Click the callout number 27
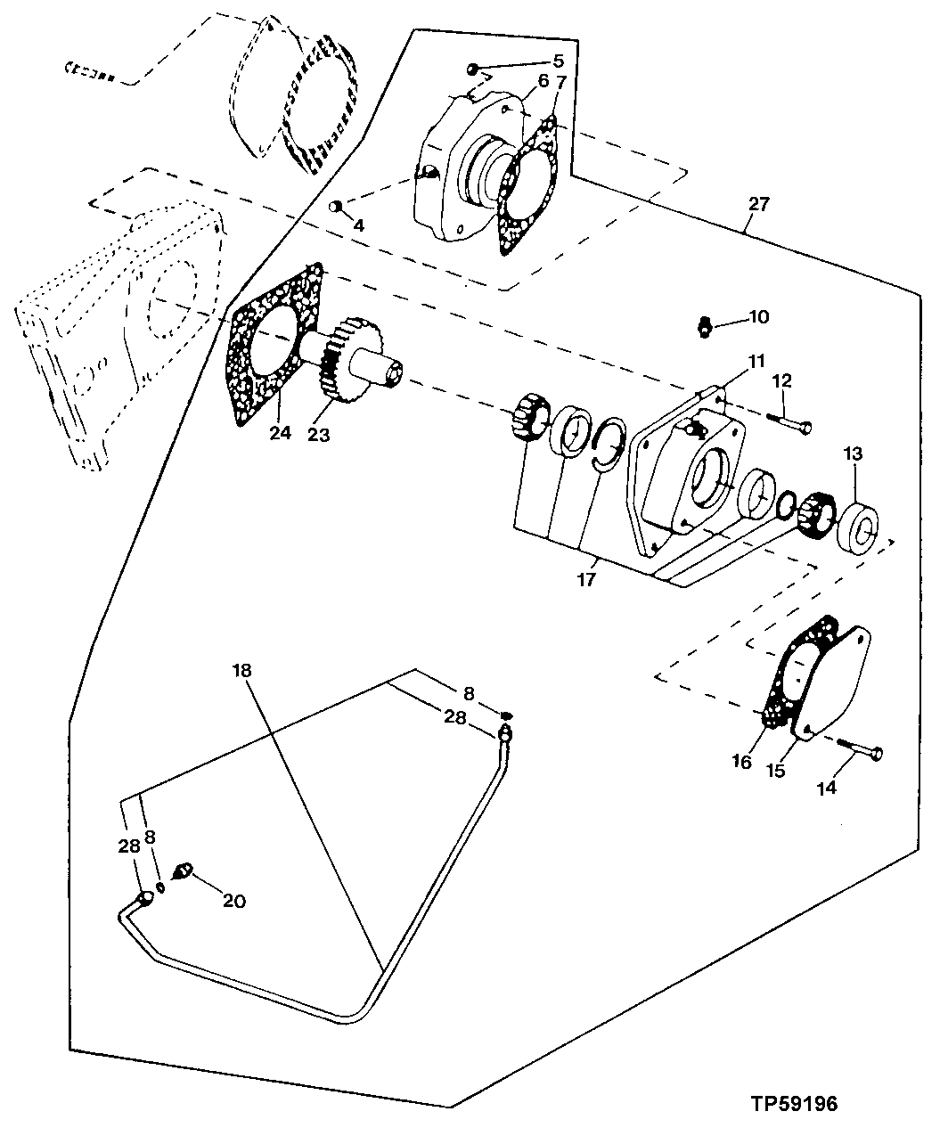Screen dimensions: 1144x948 tap(758, 204)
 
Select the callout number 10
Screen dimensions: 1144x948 tap(758, 317)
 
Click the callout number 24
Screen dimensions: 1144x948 tap(280, 435)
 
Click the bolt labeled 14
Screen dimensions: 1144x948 tap(861, 751)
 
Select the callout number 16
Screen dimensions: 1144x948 tap(742, 762)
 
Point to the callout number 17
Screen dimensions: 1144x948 tap(585, 579)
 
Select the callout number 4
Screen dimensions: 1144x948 tap(359, 225)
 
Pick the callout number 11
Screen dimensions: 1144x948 tap(756, 362)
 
